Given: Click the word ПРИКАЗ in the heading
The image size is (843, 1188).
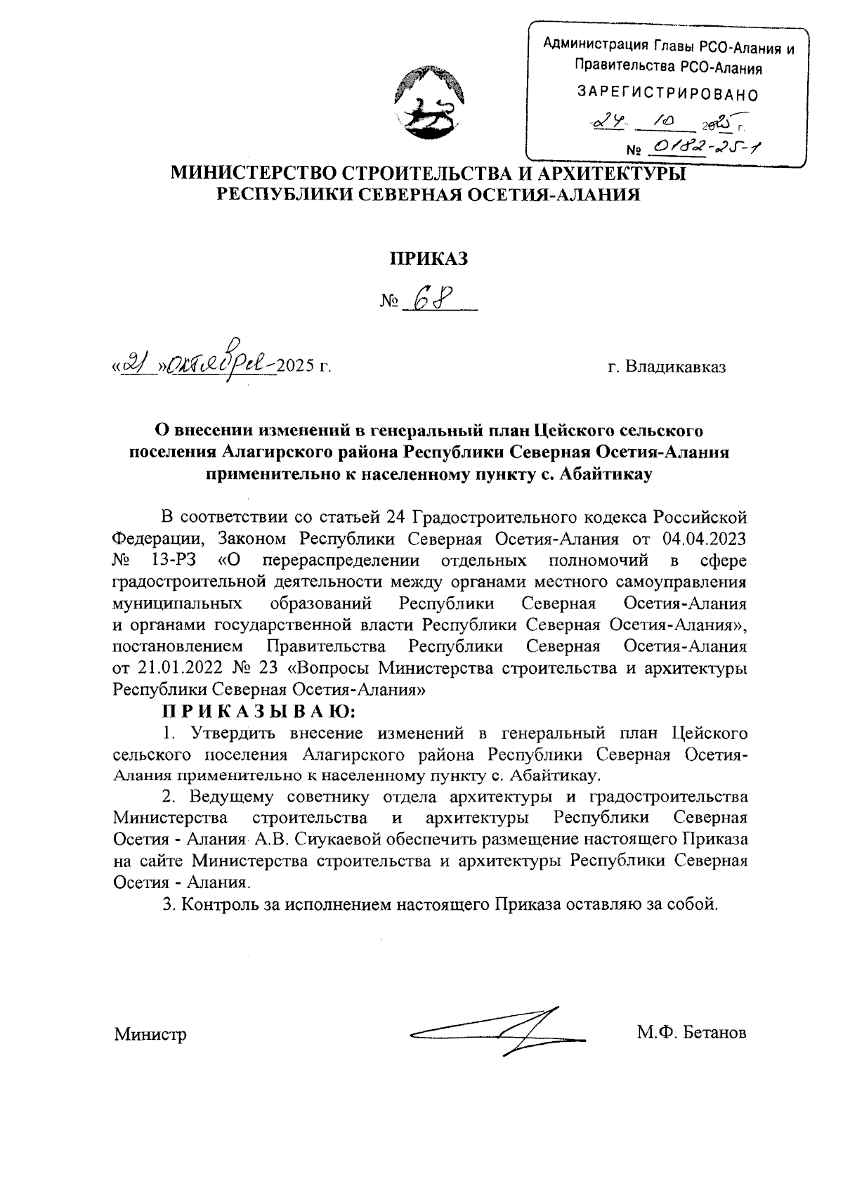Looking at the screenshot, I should pyautogui.click(x=429, y=259).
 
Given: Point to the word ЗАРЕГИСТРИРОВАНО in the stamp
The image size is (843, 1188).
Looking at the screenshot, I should pyautogui.click(x=667, y=92).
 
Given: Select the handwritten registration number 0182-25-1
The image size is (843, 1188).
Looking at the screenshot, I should pyautogui.click(x=705, y=146).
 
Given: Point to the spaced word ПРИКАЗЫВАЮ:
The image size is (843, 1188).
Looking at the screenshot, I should pyautogui.click(x=260, y=712).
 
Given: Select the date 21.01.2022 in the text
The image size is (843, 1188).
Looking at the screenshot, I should pyautogui.click(x=166, y=667).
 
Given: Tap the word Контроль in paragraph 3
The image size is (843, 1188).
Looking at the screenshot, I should pyautogui.click(x=214, y=903).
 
